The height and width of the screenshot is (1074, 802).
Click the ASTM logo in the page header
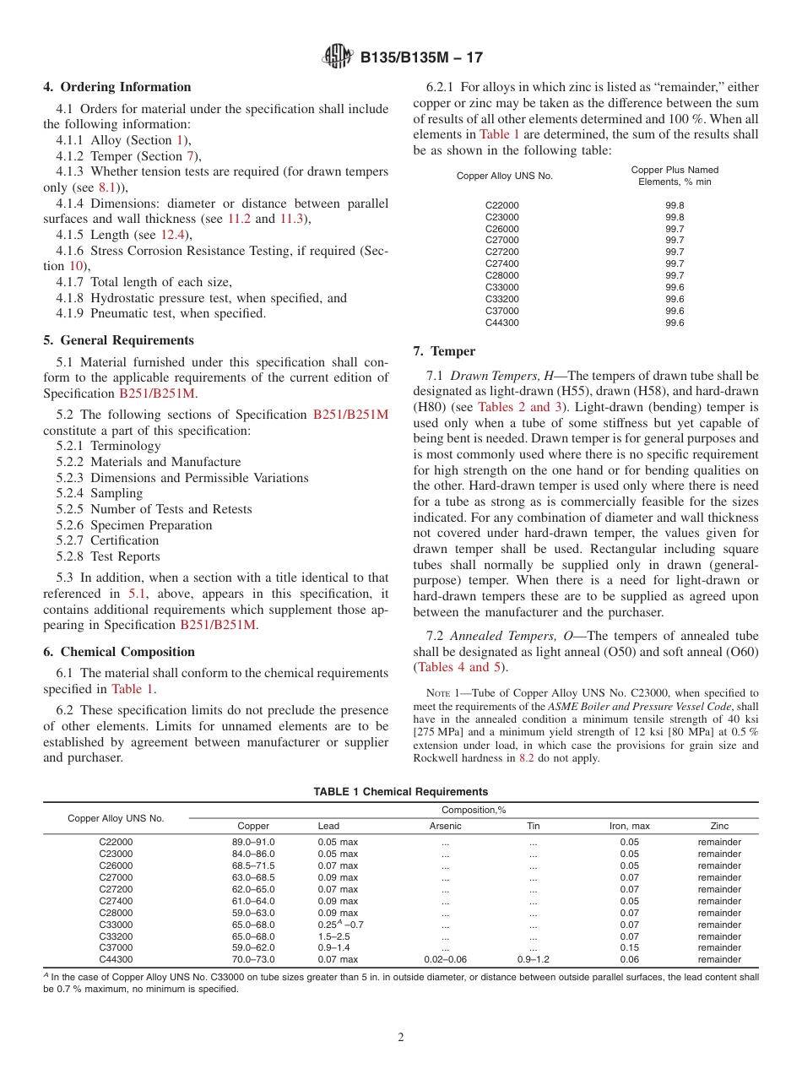(339, 57)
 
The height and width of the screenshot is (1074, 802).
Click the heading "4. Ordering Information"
(117, 87)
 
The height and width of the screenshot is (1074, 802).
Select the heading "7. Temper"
(444, 351)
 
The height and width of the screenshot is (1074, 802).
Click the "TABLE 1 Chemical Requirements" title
(400, 792)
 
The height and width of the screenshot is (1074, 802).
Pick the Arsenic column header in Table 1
(445, 826)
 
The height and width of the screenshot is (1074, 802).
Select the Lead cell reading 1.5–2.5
(334, 936)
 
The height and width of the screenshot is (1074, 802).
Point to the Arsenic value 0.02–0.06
(445, 960)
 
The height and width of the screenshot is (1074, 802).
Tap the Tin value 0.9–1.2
(533, 960)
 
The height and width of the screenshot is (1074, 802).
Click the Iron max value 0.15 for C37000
(629, 948)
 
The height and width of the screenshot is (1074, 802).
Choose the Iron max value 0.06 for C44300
(629, 960)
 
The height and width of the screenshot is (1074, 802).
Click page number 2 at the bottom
(401, 1038)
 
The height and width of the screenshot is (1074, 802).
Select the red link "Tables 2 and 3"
(514, 407)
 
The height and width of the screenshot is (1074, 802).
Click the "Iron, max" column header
(629, 826)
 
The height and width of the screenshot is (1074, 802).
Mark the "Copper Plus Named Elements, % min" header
(675, 176)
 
